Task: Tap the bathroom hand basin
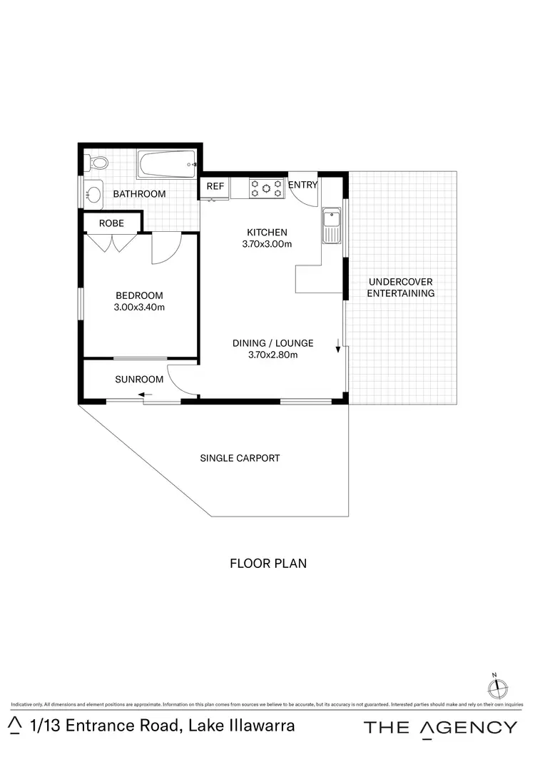[x=93, y=193]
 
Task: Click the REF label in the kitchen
[x=215, y=186]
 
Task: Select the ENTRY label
[x=302, y=186]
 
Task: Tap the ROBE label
[x=111, y=223]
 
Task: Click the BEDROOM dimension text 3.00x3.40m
[x=139, y=308]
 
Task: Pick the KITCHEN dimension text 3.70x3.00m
[x=267, y=244]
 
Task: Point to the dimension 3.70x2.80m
[x=272, y=355]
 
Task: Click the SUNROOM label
[x=139, y=380]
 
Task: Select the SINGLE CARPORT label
[x=240, y=458]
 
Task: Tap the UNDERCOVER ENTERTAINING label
[x=400, y=288]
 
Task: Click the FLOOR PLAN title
[x=267, y=564]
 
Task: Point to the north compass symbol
[x=497, y=688]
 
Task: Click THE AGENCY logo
[x=440, y=728]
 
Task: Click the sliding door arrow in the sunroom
[x=146, y=395]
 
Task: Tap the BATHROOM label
[x=139, y=194]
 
